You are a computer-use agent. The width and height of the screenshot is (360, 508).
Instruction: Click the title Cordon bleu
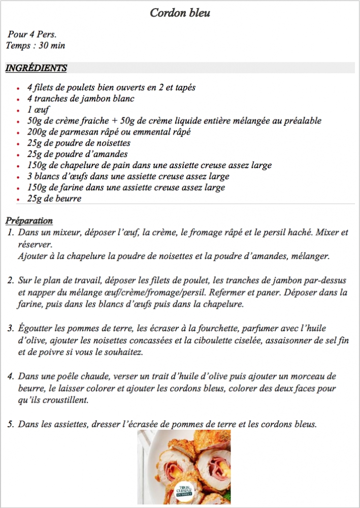(180, 13)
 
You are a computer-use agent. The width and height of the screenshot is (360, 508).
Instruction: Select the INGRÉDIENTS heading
(36, 68)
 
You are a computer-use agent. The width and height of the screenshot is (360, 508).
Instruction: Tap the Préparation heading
(29, 221)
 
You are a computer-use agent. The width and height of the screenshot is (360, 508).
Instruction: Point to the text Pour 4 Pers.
(32, 35)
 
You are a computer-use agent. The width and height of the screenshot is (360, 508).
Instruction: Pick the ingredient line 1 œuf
(39, 110)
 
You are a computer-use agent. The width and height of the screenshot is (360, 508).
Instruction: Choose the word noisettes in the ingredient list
(111, 143)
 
